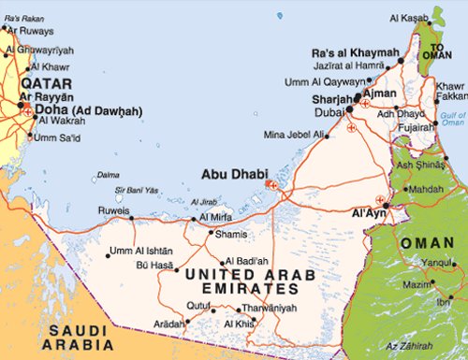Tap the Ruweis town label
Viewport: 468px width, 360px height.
pos(114,210)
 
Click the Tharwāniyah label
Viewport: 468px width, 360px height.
pos(266,308)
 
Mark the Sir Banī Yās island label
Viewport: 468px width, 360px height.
pos(133,190)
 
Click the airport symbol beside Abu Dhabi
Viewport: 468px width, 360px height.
pos(271,185)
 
